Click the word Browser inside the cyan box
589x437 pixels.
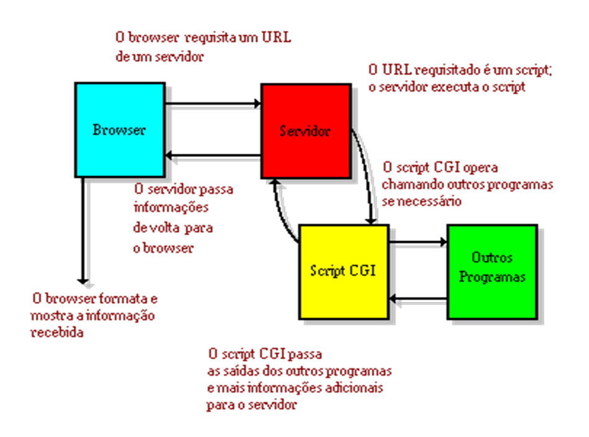pyautogui.click(x=120, y=130)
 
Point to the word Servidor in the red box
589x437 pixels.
pyautogui.click(x=305, y=131)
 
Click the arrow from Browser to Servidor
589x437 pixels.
pyautogui.click(x=214, y=109)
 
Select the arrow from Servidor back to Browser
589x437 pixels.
pyautogui.click(x=214, y=161)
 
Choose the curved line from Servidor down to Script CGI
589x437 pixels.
pyautogui.click(x=371, y=177)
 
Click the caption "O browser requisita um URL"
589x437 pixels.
pyautogui.click(x=203, y=37)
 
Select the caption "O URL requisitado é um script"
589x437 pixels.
pyautogui.click(x=459, y=70)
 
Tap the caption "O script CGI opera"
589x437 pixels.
pyautogui.click(x=440, y=168)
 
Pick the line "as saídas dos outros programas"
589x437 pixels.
pyautogui.click(x=299, y=372)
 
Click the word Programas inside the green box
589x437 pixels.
pyautogui.click(x=492, y=277)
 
